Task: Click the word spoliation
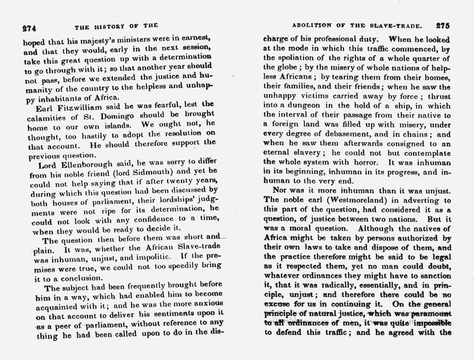301,58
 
